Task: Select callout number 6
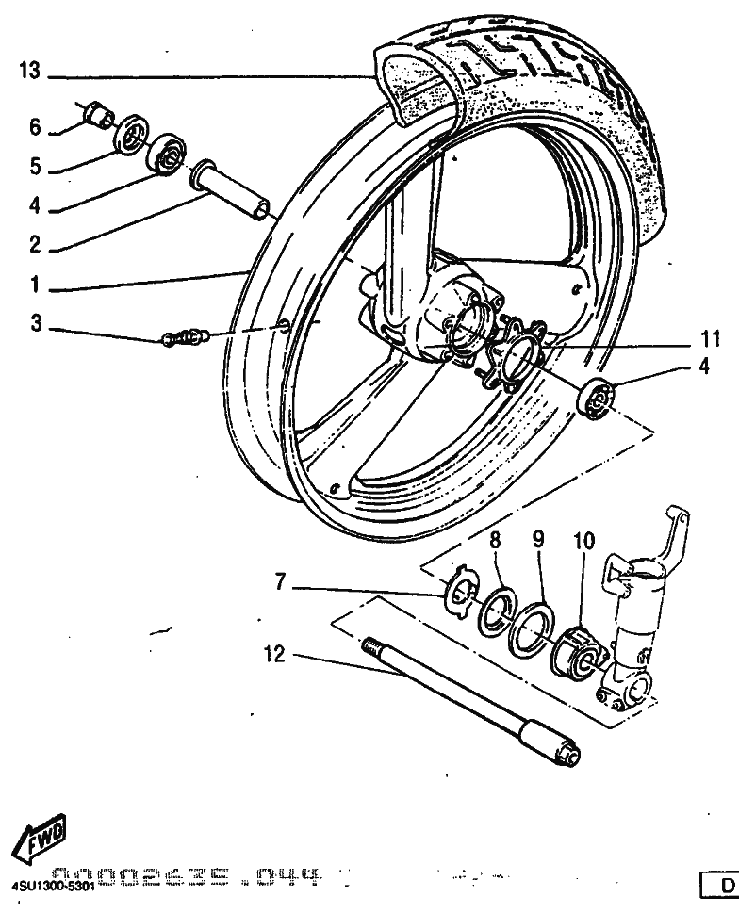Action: click(35, 127)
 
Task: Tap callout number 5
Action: click(35, 168)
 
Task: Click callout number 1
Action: click(35, 283)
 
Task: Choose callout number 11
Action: click(710, 336)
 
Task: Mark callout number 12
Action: click(274, 654)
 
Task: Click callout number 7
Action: click(279, 584)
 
